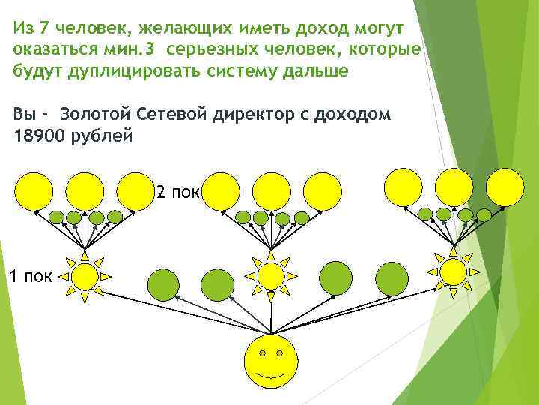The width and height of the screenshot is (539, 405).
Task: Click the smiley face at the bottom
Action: [271, 361]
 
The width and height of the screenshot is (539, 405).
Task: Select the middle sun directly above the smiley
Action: [271, 276]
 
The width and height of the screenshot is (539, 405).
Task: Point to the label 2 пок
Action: [177, 193]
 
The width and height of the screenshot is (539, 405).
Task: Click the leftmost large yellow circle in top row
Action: [34, 190]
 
